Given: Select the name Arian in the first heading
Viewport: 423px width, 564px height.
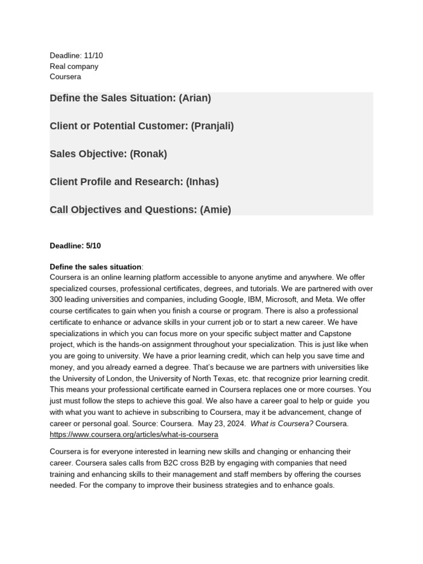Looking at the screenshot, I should tap(195, 98).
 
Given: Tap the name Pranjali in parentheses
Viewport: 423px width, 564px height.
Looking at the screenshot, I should tap(213, 126).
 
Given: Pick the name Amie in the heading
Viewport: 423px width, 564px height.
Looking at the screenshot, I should tap(216, 209).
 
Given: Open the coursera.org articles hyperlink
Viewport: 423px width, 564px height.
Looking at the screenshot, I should tap(134, 435).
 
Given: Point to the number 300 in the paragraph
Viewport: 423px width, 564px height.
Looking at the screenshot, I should tap(57, 299).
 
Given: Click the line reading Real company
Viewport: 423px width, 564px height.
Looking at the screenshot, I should tap(74, 66).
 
